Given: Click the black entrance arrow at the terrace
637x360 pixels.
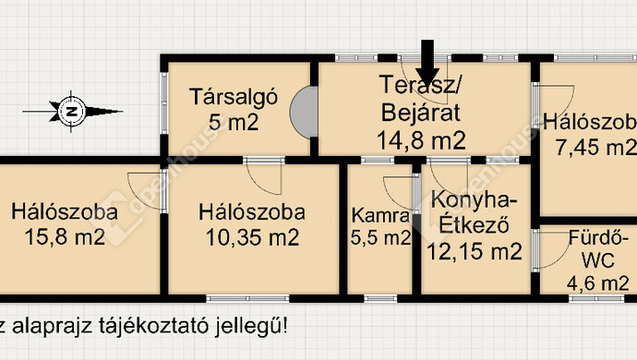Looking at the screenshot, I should point(427,63).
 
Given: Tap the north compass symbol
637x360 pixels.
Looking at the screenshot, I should point(72,111).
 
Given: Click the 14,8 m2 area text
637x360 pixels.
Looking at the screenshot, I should point(420,140).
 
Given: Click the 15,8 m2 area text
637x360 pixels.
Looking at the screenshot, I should point(65,237).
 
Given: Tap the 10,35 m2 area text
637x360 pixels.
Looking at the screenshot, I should point(252,237).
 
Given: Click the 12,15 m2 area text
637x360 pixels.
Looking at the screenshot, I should point(475,248).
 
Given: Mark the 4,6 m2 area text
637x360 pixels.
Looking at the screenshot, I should point(597,283).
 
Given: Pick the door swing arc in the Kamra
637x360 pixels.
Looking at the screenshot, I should point(396,196).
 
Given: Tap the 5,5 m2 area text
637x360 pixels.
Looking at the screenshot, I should point(380,238).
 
